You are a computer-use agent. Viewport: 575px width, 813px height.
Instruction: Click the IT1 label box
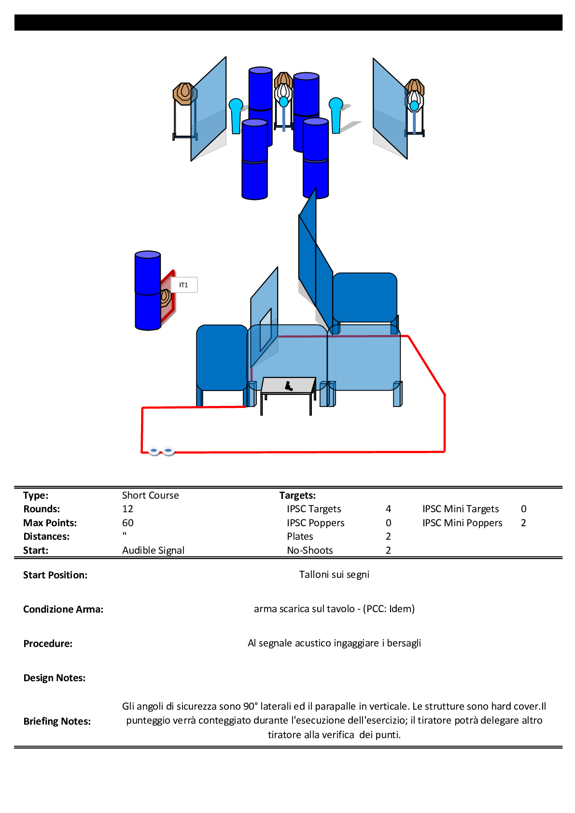pos(184,285)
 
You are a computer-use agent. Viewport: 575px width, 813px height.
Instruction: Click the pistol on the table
pos(289,386)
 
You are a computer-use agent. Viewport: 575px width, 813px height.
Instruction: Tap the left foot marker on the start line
pos(154,451)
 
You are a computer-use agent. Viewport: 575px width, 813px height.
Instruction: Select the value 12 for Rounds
pos(127,509)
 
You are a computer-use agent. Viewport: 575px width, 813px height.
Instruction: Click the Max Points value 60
pos(128,523)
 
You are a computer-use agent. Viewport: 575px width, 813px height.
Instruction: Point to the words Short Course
pos(150,495)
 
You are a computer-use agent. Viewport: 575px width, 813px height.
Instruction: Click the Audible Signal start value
pos(153,550)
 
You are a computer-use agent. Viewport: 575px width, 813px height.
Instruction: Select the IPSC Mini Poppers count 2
pos(523,523)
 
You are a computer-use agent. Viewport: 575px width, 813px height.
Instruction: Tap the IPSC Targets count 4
pos(388,509)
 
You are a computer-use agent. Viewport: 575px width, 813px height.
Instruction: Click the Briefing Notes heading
pos(57,721)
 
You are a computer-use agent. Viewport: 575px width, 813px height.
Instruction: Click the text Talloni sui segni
pos(334,575)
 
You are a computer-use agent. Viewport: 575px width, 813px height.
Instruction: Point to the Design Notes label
pos(55,678)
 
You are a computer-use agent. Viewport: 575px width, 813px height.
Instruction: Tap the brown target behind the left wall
pos(183,94)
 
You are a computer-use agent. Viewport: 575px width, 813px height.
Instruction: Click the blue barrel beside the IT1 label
pos(148,291)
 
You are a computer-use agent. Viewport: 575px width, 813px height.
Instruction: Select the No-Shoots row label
pos(310,550)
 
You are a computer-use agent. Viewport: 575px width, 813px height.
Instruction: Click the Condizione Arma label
pos(63,609)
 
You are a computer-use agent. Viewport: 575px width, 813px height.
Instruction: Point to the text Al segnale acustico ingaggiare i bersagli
pos(334,643)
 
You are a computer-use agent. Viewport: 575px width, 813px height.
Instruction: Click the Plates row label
pos(300,536)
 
